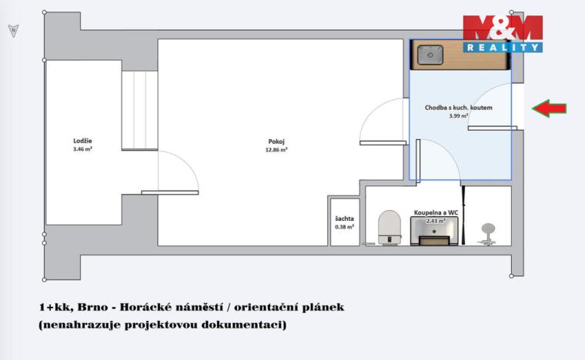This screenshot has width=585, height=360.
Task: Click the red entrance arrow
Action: [550, 108]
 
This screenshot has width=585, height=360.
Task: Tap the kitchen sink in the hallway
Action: [427, 56]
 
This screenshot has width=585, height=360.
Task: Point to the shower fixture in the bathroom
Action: [488, 230]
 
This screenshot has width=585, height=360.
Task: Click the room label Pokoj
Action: [276, 142]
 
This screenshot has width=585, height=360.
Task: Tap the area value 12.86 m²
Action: [276, 151]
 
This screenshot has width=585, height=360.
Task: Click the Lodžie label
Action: [82, 141]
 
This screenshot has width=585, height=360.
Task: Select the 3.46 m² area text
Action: [82, 150]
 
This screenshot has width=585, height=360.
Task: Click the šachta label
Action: [344, 218]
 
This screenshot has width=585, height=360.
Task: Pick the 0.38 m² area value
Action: [344, 227]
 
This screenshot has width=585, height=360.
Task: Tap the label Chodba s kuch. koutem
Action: [458, 108]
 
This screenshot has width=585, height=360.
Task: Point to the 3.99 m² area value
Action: [458, 116]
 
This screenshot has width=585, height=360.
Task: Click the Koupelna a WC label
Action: [436, 212]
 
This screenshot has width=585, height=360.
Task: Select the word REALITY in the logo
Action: [502, 47]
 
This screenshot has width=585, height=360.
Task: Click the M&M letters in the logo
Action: [502, 29]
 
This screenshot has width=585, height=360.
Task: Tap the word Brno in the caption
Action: [95, 307]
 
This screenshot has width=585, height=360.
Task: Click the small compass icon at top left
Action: [12, 30]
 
